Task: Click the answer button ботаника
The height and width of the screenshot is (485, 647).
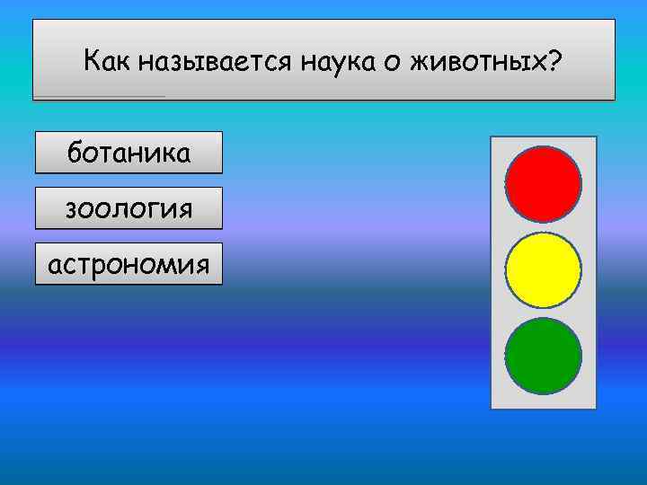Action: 129,153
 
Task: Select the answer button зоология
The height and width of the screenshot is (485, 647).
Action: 129,208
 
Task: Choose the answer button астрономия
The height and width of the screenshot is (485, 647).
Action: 129,264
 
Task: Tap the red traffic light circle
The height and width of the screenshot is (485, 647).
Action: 543,184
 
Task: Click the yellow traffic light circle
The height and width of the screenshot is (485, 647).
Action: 543,269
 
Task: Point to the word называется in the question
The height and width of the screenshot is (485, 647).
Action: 210,62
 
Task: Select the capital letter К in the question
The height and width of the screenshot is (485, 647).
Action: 92,61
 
